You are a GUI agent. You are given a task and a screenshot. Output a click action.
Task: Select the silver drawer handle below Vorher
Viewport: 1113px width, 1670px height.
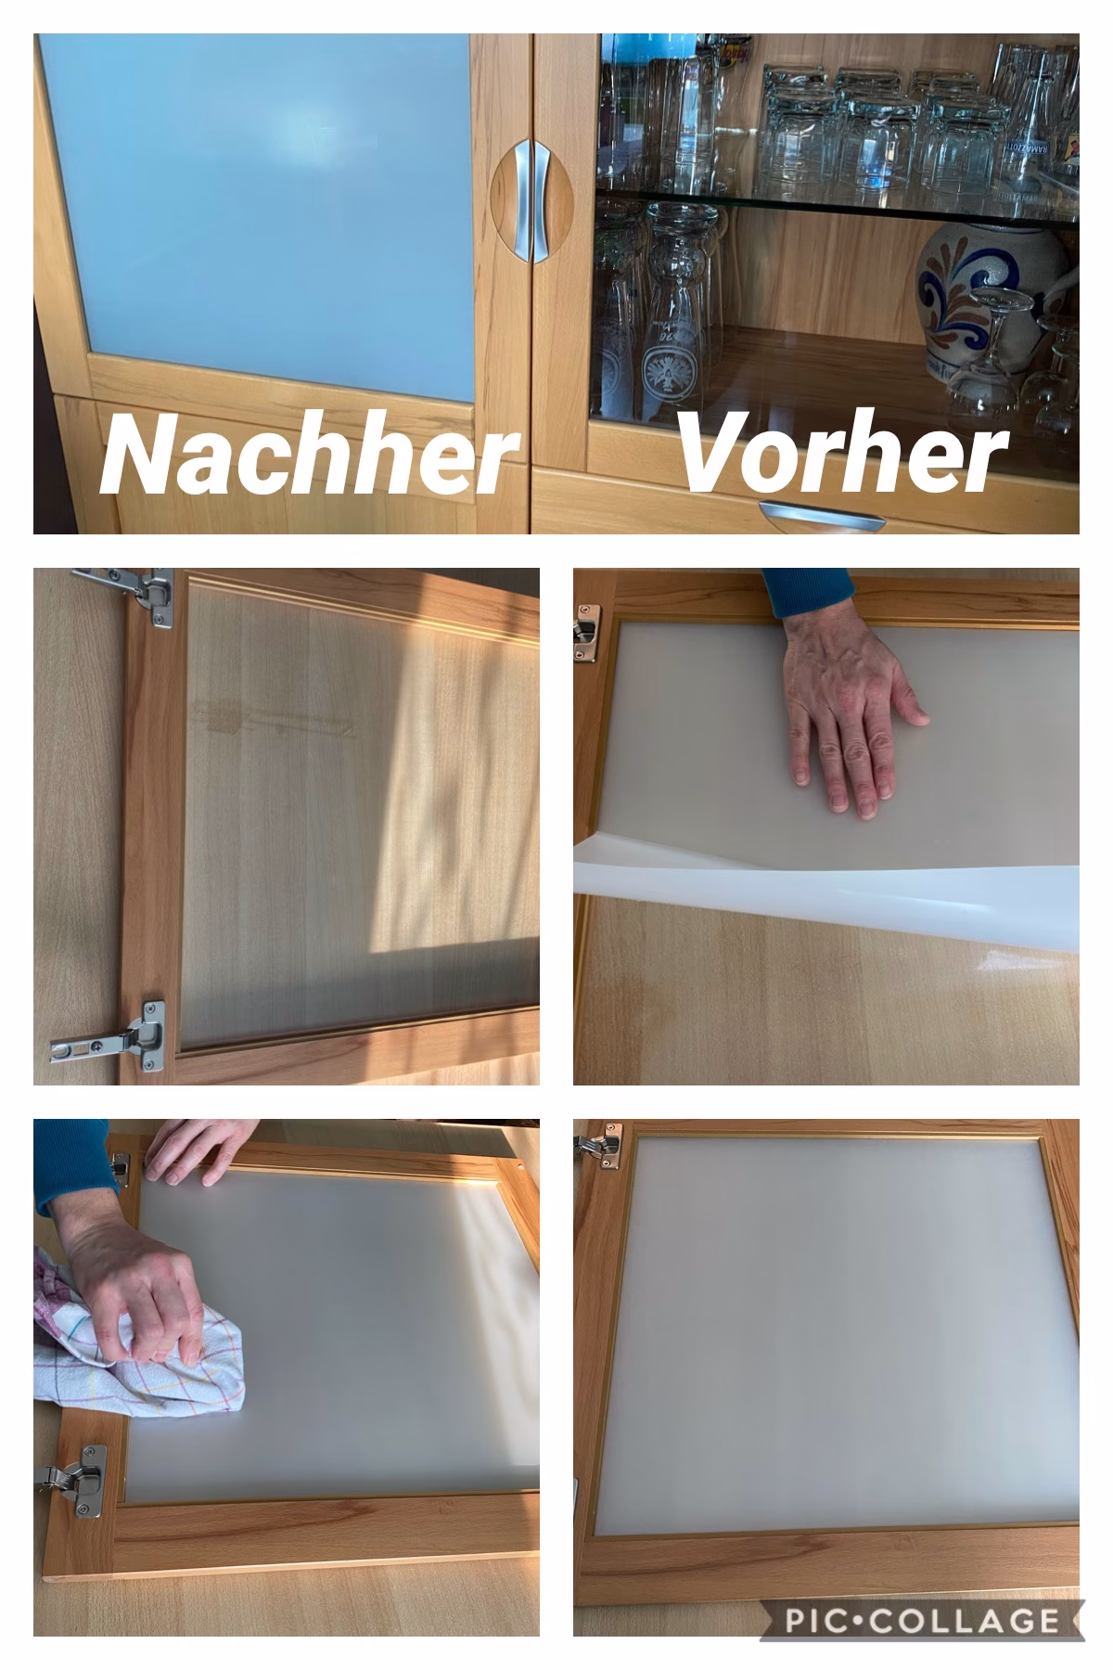coord(820,516)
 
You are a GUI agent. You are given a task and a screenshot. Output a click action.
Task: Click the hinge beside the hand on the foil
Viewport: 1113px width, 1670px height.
coord(585,631)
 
